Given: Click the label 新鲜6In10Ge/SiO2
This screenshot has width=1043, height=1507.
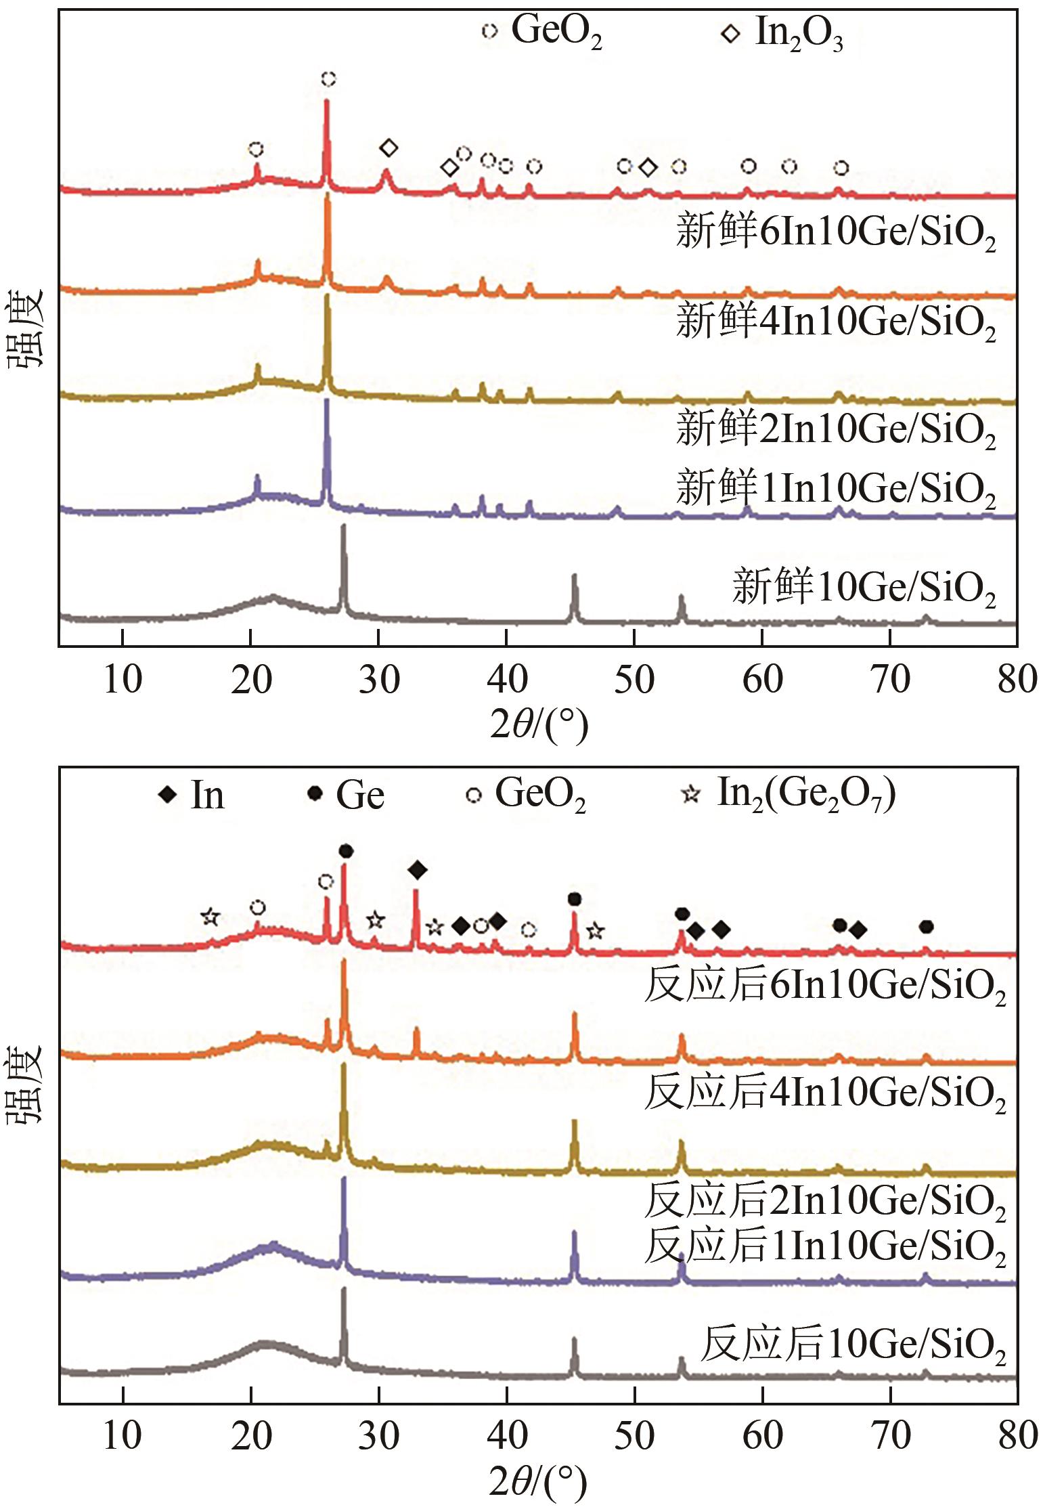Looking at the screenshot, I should coord(835,233).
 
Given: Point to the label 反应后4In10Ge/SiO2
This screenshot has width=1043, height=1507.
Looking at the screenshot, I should coord(824,1093).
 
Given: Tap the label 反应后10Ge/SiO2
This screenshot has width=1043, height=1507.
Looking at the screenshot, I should coord(852,1344).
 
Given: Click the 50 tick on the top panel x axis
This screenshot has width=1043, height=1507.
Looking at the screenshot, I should coord(634,679).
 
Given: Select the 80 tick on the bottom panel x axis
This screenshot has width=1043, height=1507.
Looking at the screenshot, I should coord(1017,1435).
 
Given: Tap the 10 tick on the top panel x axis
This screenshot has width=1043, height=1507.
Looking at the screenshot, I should coord(123,679).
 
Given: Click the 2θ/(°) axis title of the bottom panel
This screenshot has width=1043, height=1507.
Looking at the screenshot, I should coord(538,1483).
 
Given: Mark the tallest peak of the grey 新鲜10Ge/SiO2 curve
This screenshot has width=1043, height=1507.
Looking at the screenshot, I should coord(343,526).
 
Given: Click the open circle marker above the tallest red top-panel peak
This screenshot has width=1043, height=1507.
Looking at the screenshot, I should coord(328,80).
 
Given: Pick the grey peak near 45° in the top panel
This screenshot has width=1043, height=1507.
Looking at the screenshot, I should coord(575,576).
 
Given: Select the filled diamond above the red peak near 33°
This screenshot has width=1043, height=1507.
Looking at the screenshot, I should coord(417,870).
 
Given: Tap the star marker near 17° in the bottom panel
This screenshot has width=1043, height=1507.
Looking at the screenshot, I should coord(210,917).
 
